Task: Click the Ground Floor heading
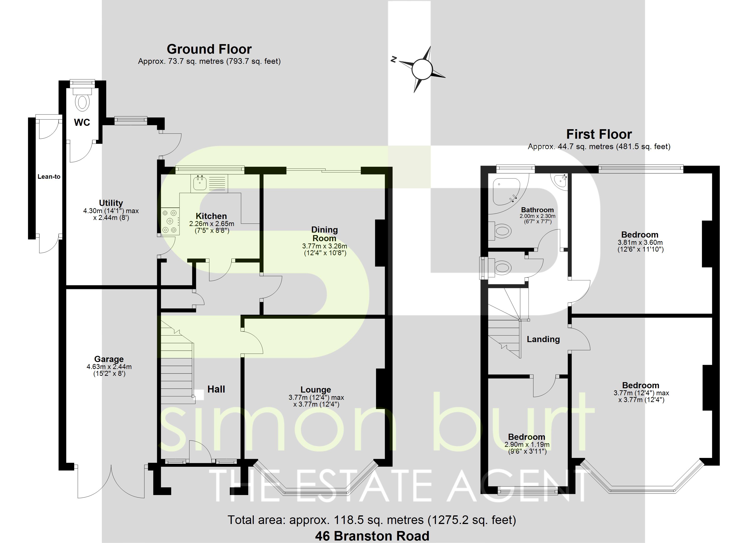209,49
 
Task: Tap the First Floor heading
599,134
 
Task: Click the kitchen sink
200,183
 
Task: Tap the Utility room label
111,203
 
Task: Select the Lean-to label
49,176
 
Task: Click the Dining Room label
324,234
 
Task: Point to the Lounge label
316,390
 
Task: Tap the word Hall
216,389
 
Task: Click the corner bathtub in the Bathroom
505,191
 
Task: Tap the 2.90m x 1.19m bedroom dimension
527,445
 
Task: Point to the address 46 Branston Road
372,536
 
